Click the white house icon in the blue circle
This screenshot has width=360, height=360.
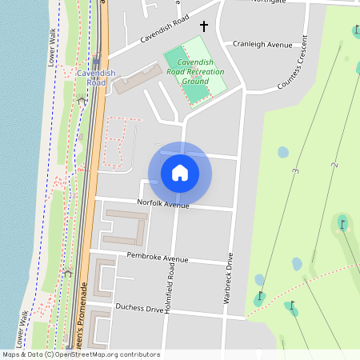click(180, 173)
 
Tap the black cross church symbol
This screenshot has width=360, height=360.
click(203, 26)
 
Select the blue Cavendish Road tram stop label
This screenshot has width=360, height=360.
click(96, 78)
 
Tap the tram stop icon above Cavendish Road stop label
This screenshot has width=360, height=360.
click(96, 61)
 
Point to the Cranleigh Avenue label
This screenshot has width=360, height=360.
click(262, 45)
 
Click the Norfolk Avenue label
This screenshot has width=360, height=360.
click(163, 205)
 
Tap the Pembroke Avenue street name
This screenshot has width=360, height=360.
click(158, 258)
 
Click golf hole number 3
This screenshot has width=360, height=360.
click(295, 171)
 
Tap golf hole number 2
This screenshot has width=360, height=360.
click(334, 165)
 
